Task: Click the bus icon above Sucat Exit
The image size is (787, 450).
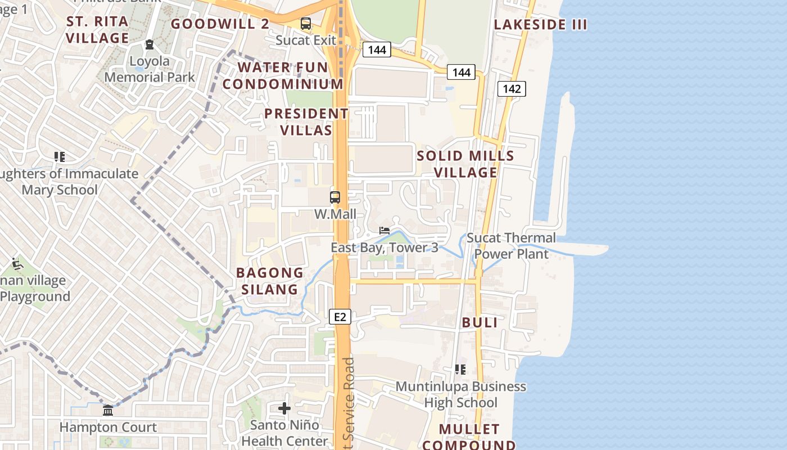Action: click(306, 24)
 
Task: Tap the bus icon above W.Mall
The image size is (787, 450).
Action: click(335, 197)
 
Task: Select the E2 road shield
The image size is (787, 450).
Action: click(340, 317)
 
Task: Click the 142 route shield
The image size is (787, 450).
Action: click(512, 89)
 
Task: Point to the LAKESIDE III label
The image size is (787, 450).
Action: click(540, 25)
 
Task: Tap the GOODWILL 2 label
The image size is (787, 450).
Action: click(220, 24)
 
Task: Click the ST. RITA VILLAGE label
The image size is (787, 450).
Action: click(98, 30)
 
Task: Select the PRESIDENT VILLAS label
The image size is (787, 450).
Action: click(306, 122)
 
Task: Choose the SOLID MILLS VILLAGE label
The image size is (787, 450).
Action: click(465, 164)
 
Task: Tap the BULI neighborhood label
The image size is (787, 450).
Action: click(480, 322)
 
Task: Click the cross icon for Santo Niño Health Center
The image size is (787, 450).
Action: click(284, 408)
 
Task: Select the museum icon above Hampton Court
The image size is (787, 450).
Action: click(108, 411)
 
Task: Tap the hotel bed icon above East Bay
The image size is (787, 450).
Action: click(385, 231)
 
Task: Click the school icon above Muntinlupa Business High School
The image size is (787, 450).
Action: click(460, 370)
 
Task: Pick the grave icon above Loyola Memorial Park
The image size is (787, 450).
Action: click(150, 44)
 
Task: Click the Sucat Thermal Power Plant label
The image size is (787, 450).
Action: click(511, 246)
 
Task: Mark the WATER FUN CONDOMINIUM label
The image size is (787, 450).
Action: click(283, 75)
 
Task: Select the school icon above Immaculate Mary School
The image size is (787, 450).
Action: click(60, 157)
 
